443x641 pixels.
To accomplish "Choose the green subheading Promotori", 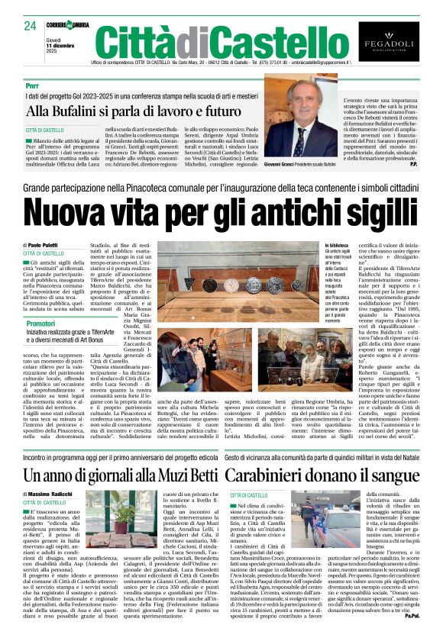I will (40, 324).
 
